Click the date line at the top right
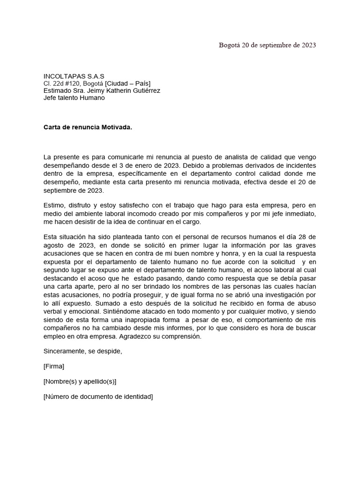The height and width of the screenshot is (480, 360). (x=267, y=45)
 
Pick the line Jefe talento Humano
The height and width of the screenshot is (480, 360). (x=74, y=97)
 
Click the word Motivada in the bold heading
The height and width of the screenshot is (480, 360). (x=116, y=127)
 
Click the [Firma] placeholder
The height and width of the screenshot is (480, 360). (x=53, y=366)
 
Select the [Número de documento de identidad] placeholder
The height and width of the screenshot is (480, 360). (x=98, y=397)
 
